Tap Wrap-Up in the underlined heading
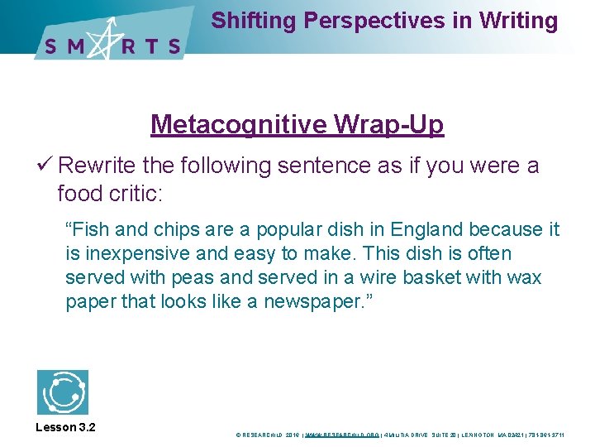[389, 124]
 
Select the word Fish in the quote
[88, 229]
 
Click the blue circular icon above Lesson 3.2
[63, 392]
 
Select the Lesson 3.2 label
[66, 427]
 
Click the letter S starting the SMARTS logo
[51, 46]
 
